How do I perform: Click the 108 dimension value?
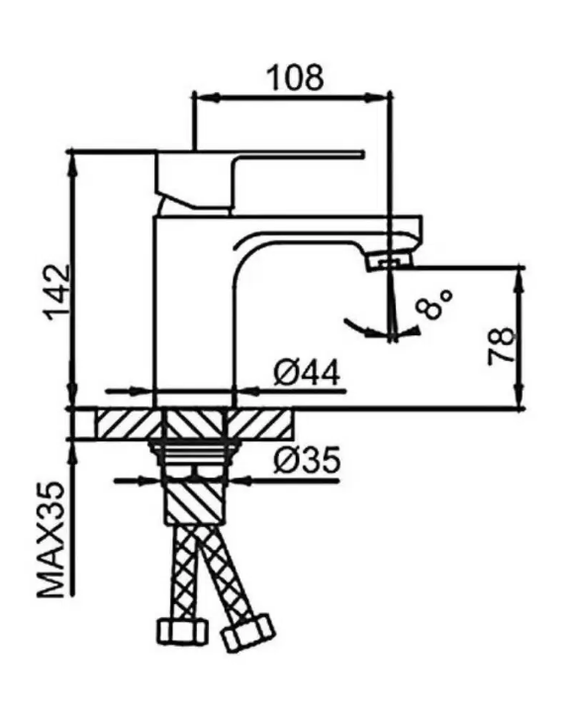(295, 77)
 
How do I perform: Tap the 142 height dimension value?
(57, 292)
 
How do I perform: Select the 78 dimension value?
(502, 346)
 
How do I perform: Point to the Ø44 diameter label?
(307, 374)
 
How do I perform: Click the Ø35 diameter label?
(307, 460)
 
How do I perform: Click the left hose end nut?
(182, 633)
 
